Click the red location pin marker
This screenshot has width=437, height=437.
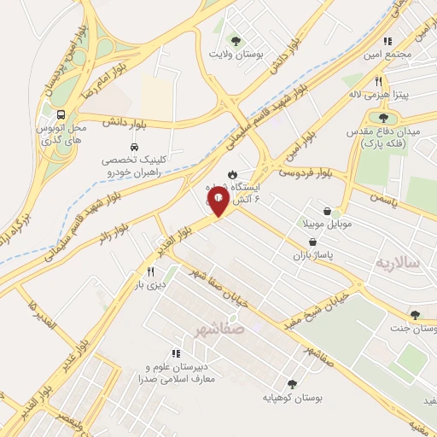(x=218, y=201)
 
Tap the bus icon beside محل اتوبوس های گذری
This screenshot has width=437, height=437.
(x=61, y=114)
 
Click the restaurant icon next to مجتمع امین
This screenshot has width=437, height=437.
(x=388, y=40)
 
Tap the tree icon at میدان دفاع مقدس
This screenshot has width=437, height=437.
(x=382, y=118)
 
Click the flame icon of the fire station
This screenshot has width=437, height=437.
(x=231, y=173)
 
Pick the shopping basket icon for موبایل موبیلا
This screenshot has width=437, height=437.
(x=328, y=211)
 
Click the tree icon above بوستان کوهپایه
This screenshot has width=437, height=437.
(x=292, y=384)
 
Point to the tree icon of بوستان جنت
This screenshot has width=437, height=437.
(x=415, y=315)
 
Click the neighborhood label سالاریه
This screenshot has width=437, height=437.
(x=397, y=262)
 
